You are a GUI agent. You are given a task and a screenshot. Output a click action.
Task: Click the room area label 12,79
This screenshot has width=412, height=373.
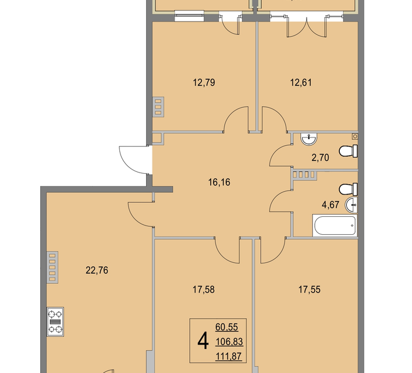[x=204, y=83]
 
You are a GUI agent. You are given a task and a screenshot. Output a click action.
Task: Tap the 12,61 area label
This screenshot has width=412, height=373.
[x=301, y=83]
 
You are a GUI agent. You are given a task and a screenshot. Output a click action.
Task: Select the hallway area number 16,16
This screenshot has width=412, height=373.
[x=219, y=182]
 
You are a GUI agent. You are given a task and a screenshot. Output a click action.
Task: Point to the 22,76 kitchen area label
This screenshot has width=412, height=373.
[x=97, y=270]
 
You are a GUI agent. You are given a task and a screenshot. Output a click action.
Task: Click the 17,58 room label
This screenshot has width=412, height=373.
[x=204, y=290]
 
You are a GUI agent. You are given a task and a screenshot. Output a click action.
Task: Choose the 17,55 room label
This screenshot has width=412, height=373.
[x=310, y=290]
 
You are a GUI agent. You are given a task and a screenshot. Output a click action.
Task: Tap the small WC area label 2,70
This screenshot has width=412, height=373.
[x=320, y=158]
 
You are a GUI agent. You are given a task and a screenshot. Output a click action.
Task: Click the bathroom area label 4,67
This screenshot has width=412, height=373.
[x=331, y=205]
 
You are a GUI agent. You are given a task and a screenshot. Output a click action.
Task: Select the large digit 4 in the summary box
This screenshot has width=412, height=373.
[x=203, y=341]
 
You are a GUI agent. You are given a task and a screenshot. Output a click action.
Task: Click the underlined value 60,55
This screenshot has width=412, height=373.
[x=227, y=327]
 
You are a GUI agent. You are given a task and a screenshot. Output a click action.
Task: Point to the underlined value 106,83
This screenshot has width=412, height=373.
[x=229, y=342]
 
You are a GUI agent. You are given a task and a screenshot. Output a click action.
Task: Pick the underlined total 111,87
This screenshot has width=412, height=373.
[x=229, y=357]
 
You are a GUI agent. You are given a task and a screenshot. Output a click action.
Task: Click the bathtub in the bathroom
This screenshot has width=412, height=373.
[x=335, y=226]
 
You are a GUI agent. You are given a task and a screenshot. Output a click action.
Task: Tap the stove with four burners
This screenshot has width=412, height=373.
[x=55, y=322]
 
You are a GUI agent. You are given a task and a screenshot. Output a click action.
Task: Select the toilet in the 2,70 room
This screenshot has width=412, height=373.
[x=349, y=151]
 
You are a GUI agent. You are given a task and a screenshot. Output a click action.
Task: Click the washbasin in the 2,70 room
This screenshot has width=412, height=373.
[x=309, y=139]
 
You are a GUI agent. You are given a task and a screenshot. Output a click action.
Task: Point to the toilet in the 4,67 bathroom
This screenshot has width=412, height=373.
[x=349, y=189]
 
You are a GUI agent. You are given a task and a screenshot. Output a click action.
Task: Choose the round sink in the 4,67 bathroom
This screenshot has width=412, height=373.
[x=351, y=205]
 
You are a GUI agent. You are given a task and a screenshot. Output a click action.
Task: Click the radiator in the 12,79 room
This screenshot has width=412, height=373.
[x=158, y=107]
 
